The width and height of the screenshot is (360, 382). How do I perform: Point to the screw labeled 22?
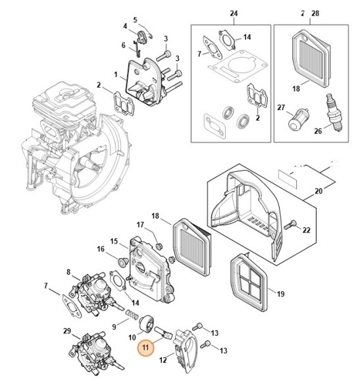(292, 227)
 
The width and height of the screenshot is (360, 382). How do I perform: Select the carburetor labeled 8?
(91, 291)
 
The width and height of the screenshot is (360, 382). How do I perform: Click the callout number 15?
(114, 242)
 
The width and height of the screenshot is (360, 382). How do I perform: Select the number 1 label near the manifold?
(116, 74)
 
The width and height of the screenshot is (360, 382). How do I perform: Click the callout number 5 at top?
(136, 20)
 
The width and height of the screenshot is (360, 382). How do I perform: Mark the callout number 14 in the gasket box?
(247, 37)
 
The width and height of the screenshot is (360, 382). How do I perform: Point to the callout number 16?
(101, 249)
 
